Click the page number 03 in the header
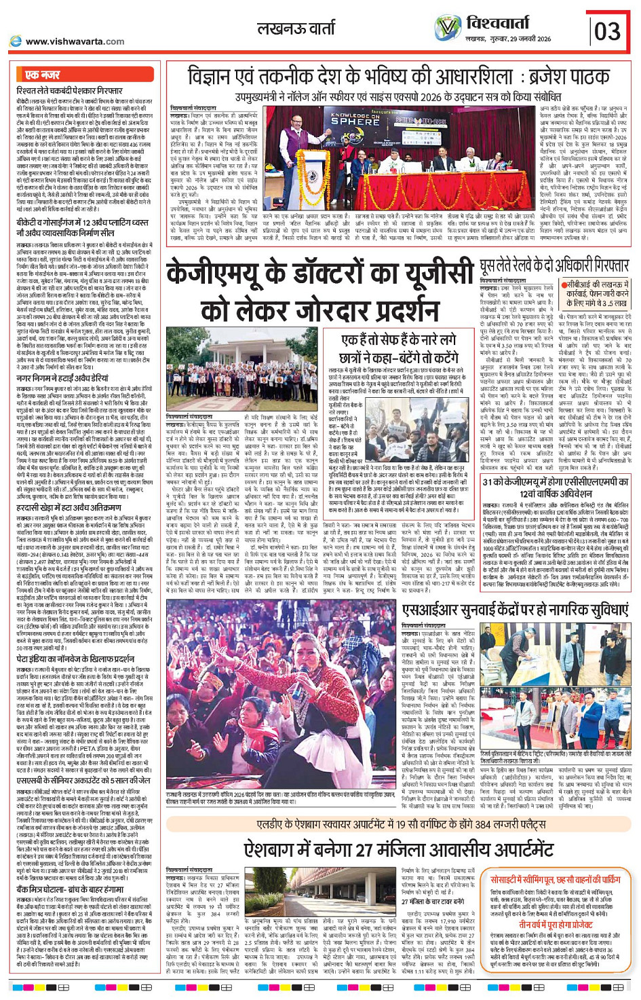click(608, 31)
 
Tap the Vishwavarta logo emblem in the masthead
click(448, 28)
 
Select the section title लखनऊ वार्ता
click(296, 29)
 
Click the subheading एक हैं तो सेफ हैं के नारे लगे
click(398, 339)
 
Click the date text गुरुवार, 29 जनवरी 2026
click(520, 39)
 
